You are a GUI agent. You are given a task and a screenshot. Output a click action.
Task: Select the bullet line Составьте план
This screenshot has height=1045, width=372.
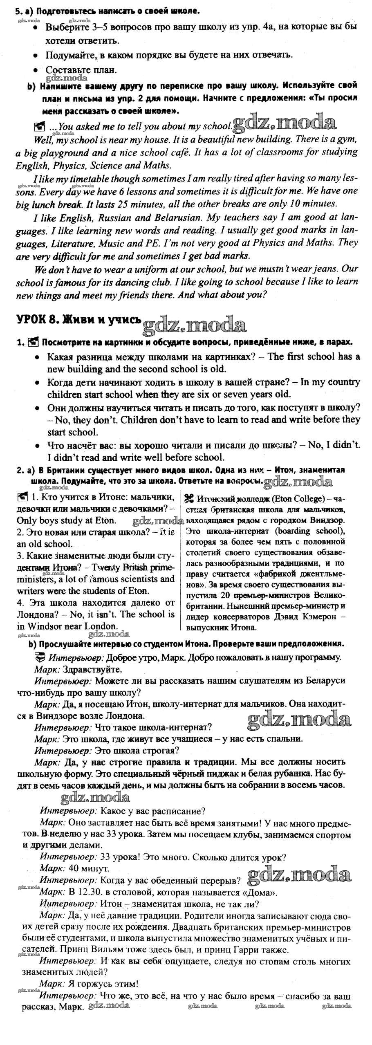[x=81, y=70]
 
